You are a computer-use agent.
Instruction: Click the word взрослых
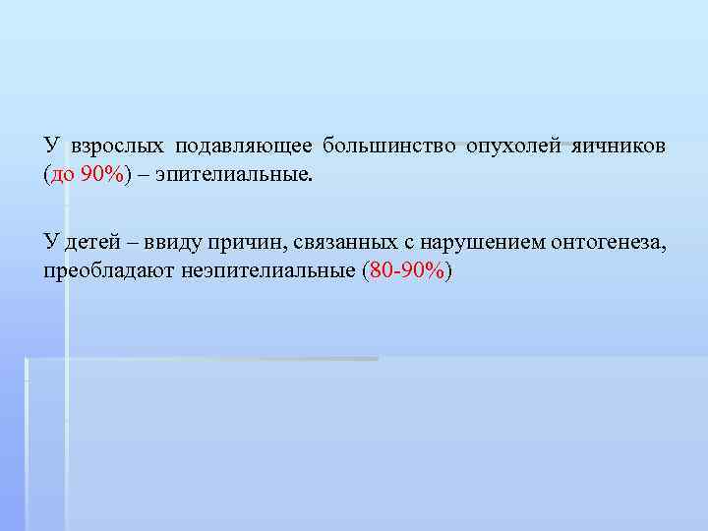coord(118,147)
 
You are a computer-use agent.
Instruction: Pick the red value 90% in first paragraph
coord(102,175)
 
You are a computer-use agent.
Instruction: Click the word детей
coord(91,242)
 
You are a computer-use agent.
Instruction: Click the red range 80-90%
coord(405,270)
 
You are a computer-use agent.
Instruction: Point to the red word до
coord(62,175)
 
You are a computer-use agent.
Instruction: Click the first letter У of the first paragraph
coord(50,147)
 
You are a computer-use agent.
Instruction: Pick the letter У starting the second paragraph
coord(50,242)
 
